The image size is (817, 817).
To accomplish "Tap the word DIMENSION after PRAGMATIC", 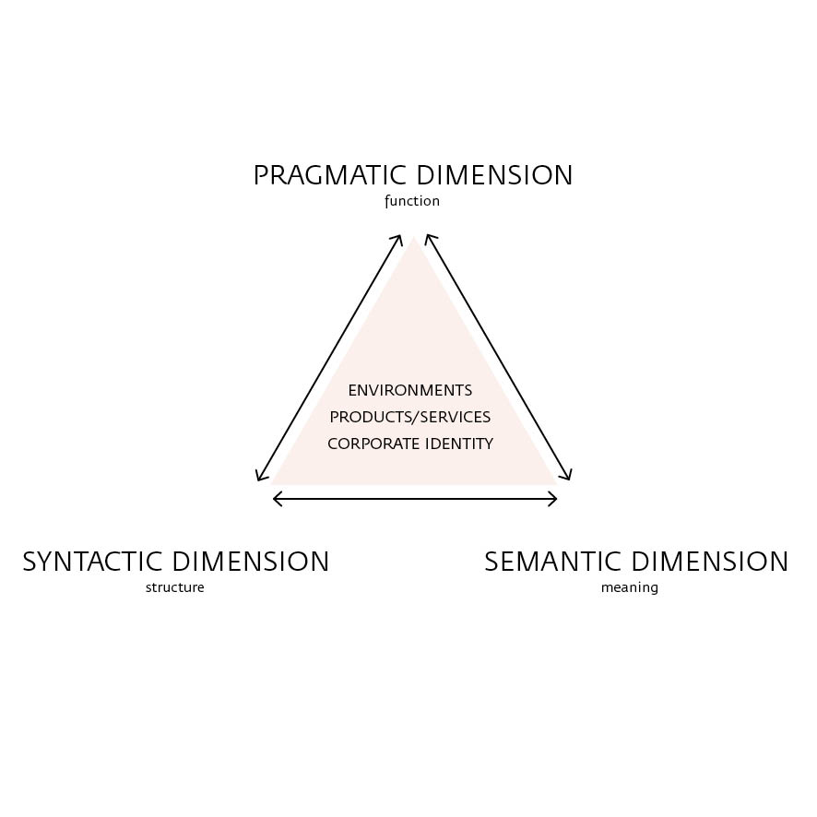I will [494, 175].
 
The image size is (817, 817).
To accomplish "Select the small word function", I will [412, 201].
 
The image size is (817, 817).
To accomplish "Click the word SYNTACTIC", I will [93, 562].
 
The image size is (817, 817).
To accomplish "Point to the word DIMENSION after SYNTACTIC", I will [251, 562].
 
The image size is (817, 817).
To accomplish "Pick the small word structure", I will [174, 587].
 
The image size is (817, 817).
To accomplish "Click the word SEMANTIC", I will [551, 562].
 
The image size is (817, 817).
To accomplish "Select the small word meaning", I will [630, 587].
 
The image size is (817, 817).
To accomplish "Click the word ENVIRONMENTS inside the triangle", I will [409, 390].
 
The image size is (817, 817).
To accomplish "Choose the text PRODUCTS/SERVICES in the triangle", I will [409, 417].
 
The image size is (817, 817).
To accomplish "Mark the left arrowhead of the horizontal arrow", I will [276, 499].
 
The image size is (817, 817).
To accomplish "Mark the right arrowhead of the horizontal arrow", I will [555, 499].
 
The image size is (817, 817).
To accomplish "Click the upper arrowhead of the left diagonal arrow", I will [398, 238].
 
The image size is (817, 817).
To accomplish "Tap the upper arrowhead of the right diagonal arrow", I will [428, 238].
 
